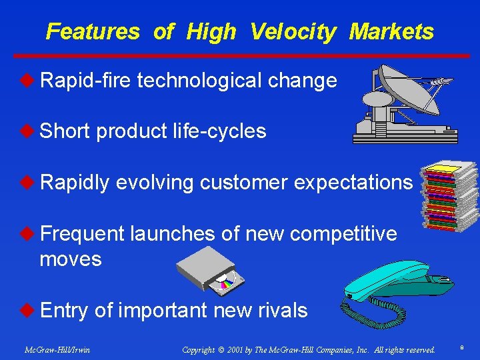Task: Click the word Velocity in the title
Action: pos(293,31)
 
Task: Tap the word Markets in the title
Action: pos(391,31)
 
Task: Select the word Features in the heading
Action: pos(93,31)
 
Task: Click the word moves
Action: pos(71,259)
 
